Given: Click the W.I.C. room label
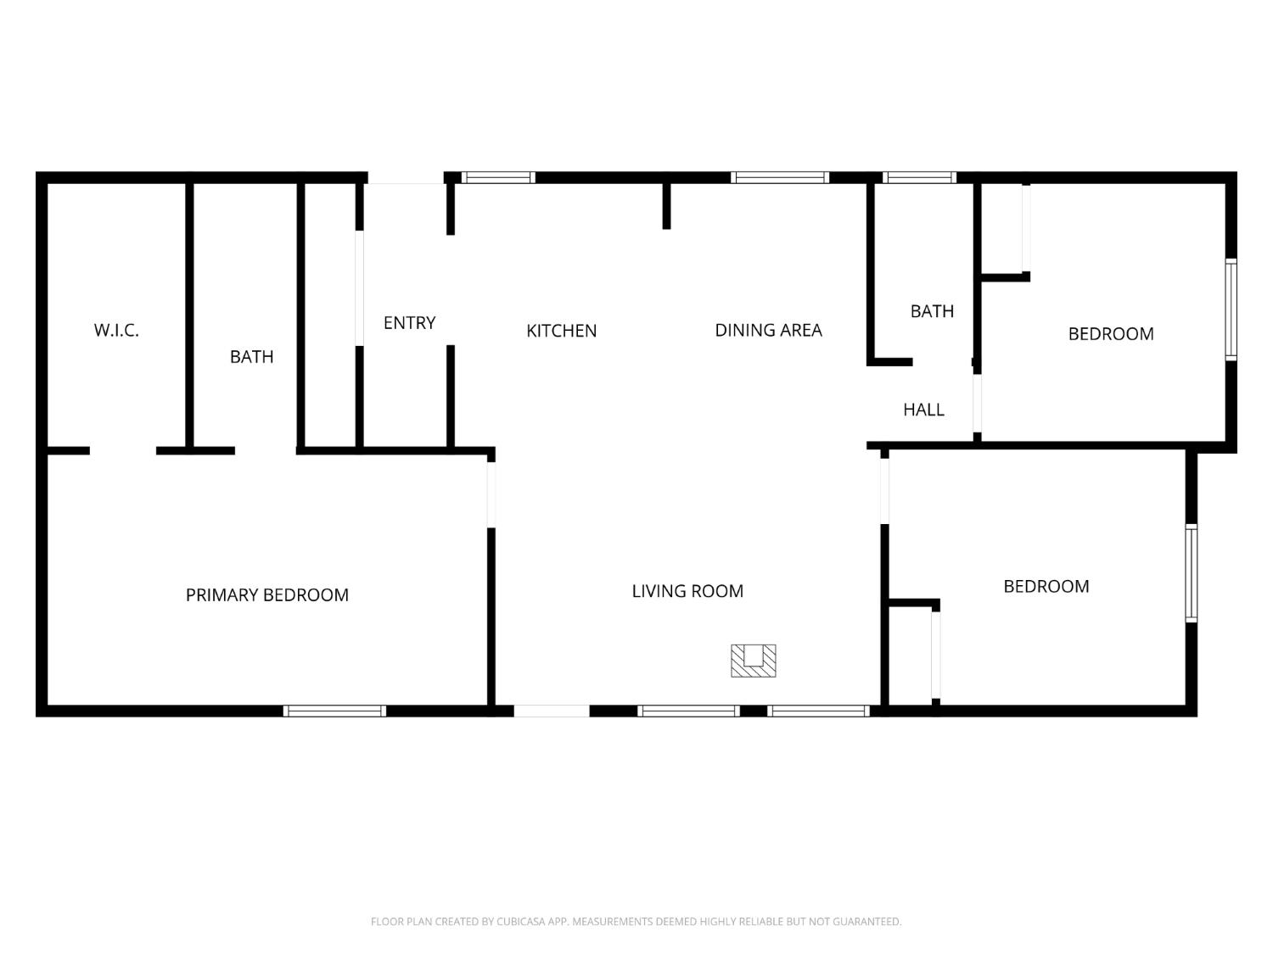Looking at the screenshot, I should pyautogui.click(x=116, y=331).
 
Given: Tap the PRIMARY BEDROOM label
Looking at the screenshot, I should pyautogui.click(x=267, y=595).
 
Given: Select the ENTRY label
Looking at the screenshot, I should pyautogui.click(x=409, y=323).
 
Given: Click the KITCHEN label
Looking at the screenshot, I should pyautogui.click(x=561, y=331).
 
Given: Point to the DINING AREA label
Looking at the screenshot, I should pyautogui.click(x=768, y=330).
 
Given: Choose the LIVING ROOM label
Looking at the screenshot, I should pyautogui.click(x=687, y=591).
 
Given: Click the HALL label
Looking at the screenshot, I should pyautogui.click(x=923, y=410).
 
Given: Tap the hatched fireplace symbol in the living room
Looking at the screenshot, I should pyautogui.click(x=754, y=661).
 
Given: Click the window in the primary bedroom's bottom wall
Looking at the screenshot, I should pyautogui.click(x=334, y=711).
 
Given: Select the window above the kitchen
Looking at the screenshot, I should pyautogui.click(x=498, y=177).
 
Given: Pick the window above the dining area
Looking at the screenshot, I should pyautogui.click(x=780, y=177).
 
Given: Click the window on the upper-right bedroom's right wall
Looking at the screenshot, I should pyautogui.click(x=1231, y=310).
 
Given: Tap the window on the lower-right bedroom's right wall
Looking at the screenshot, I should pyautogui.click(x=1192, y=573).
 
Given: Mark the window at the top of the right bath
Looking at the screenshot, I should pyautogui.click(x=920, y=177).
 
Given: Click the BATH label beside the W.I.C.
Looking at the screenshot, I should pyautogui.click(x=252, y=357).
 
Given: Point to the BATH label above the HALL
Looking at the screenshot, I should pyautogui.click(x=932, y=311).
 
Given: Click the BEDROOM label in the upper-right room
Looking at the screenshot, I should pyautogui.click(x=1111, y=334).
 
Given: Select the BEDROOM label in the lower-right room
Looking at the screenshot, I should pyautogui.click(x=1046, y=587).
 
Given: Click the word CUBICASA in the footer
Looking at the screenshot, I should pyautogui.click(x=520, y=922).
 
